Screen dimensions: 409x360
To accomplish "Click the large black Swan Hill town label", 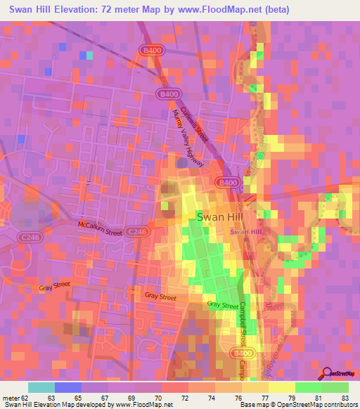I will tap(221, 217).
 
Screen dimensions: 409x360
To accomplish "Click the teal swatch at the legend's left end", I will tap(41, 387).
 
